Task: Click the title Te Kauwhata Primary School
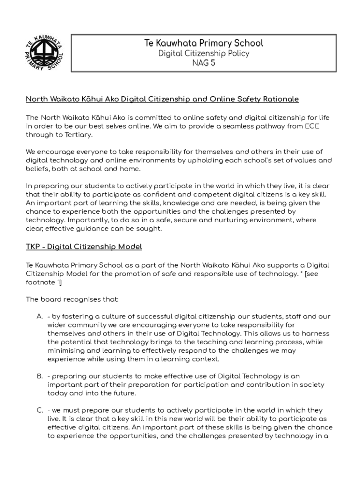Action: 203,44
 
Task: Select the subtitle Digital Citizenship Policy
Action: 203,53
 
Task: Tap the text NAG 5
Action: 203,63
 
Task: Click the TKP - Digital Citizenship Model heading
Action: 84,247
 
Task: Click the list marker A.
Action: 40,317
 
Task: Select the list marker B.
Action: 40,376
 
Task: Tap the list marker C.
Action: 40,410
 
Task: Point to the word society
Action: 311,385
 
